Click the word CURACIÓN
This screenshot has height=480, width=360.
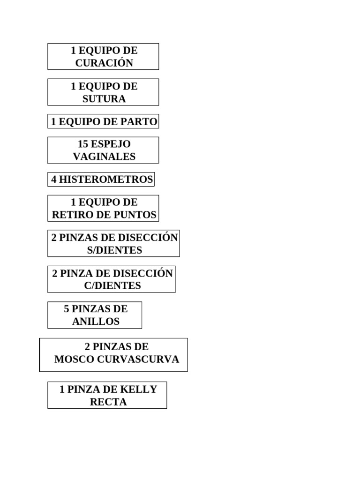(x=104, y=63)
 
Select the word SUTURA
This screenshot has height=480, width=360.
(x=104, y=99)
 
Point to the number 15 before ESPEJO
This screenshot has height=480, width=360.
(x=83, y=144)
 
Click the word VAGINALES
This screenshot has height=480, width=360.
(x=104, y=157)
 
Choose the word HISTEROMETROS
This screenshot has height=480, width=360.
(x=106, y=180)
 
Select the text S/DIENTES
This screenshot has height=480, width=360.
(x=114, y=250)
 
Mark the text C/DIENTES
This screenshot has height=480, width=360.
(x=112, y=285)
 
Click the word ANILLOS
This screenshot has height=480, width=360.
(x=96, y=322)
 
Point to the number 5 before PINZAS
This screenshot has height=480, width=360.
(x=67, y=309)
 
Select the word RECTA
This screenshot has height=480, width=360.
(x=108, y=402)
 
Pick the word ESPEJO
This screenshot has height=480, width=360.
(x=111, y=144)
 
